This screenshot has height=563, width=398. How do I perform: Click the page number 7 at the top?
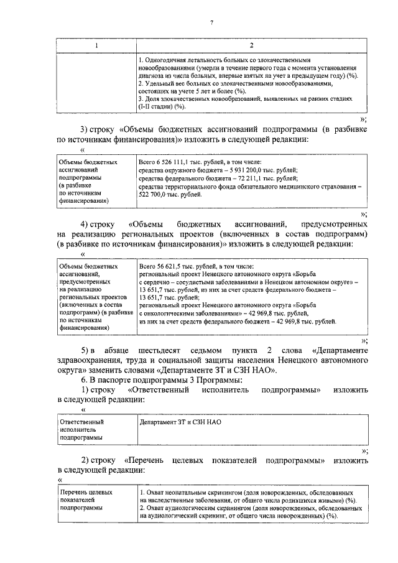(x=211, y=23)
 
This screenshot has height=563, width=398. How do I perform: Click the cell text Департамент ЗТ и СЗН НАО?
(x=181, y=422)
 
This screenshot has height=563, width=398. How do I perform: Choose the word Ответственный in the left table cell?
(x=81, y=422)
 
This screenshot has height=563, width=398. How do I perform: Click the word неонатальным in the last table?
(x=185, y=492)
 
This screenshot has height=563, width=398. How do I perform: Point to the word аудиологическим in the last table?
(x=190, y=508)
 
